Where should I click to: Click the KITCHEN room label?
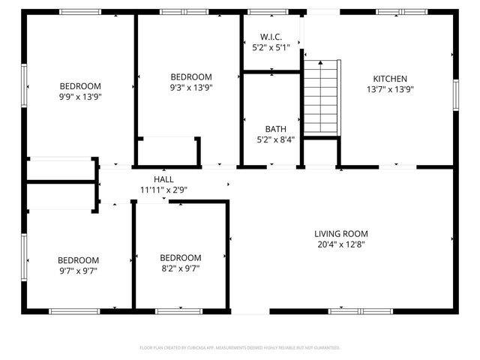tap(390, 78)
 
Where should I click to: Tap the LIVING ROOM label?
tap(340, 233)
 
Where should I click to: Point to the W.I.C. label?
tap(271, 36)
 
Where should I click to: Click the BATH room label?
tap(274, 128)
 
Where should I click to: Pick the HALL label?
tap(163, 179)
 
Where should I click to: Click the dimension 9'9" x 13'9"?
tap(80, 97)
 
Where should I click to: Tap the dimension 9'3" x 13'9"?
tap(190, 87)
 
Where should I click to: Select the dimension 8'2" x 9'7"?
tap(180, 268)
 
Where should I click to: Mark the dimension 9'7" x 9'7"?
tap(78, 271)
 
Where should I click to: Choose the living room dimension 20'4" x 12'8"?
tap(340, 244)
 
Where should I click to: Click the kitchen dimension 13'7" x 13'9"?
tap(390, 88)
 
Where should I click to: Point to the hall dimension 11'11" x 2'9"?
tap(163, 190)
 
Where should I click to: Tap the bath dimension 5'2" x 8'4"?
tap(274, 139)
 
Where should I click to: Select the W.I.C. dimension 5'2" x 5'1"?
tap(271, 46)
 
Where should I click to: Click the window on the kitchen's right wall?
tap(455, 95)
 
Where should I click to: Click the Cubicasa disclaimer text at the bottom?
tap(240, 348)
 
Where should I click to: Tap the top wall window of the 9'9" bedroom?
tap(80, 12)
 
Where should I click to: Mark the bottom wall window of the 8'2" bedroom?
tap(178, 310)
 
